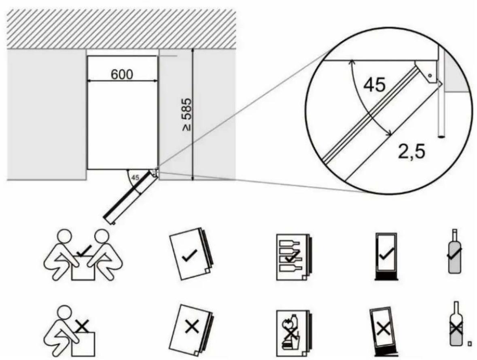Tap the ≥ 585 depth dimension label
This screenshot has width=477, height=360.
(187, 114)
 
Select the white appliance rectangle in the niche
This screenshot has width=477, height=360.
(122, 121)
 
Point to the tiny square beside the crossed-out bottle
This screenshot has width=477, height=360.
(469, 344)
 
